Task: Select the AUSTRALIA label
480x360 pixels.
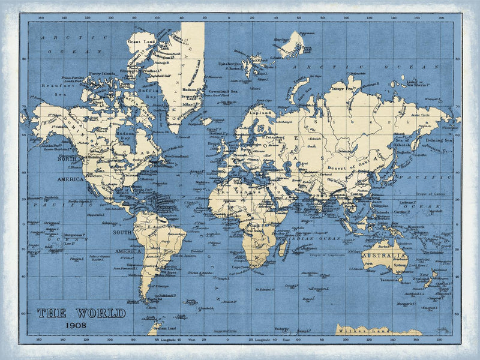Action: tap(385, 256)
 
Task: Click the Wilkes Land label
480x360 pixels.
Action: tap(355, 329)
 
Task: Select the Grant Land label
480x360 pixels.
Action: tap(142, 42)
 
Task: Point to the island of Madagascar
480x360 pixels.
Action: tap(281, 247)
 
